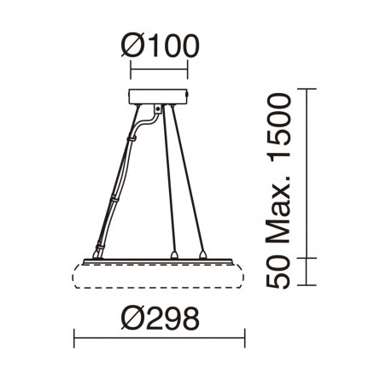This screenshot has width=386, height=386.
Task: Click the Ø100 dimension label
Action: click(x=161, y=44)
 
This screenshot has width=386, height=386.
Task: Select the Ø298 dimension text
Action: click(x=161, y=319)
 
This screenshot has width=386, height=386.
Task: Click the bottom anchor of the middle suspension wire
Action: click(x=174, y=254)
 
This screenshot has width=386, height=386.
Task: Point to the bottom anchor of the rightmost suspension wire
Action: click(x=203, y=254)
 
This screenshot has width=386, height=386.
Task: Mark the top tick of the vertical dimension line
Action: click(x=307, y=87)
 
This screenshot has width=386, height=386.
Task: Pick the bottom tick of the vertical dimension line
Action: click(x=307, y=289)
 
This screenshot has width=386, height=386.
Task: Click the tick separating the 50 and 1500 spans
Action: click(x=307, y=256)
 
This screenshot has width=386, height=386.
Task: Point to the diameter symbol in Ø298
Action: click(x=128, y=319)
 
